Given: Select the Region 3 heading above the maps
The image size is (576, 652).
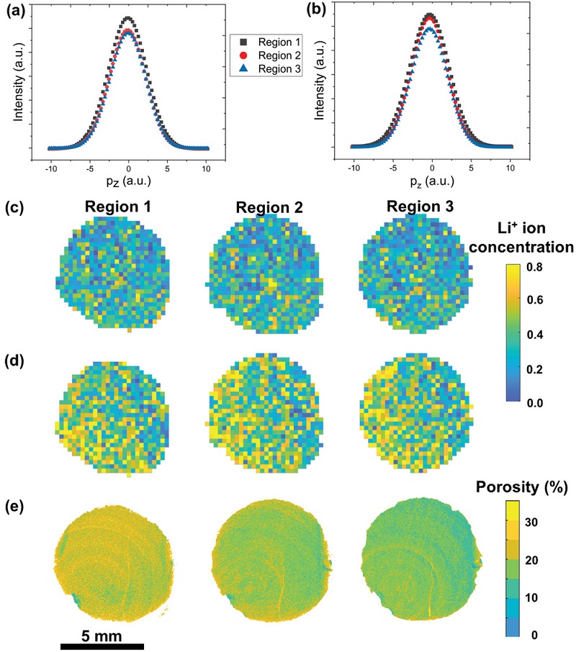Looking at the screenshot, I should click(x=418, y=207).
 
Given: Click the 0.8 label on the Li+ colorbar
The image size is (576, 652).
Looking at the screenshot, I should click(x=554, y=267).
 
